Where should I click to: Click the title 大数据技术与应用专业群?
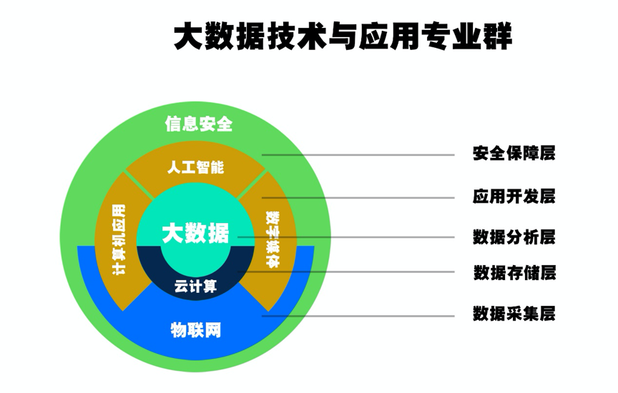tap(343, 36)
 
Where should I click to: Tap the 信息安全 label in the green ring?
tap(199, 124)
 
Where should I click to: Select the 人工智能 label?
tap(195, 167)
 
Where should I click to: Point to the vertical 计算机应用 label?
tap(119, 239)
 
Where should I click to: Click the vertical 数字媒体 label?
tap(273, 239)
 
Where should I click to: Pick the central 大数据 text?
tap(195, 233)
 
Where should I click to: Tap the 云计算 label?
tap(195, 287)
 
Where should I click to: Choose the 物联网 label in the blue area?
tap(196, 330)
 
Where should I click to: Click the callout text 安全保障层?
tap(514, 153)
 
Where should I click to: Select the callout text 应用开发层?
tap(514, 196)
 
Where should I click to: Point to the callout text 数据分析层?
tap(514, 237)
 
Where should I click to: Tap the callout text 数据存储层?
tap(514, 272)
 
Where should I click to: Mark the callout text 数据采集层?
tap(514, 314)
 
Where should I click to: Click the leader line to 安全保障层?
tap(358, 155)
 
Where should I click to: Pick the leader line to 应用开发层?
tap(358, 198)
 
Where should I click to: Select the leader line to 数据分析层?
tap(346, 237)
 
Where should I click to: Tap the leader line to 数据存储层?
tap(346, 272)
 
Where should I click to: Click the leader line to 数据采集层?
tap(358, 316)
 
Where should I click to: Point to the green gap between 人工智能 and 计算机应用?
tap(139, 185)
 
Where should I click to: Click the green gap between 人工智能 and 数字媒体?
tap(252, 185)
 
